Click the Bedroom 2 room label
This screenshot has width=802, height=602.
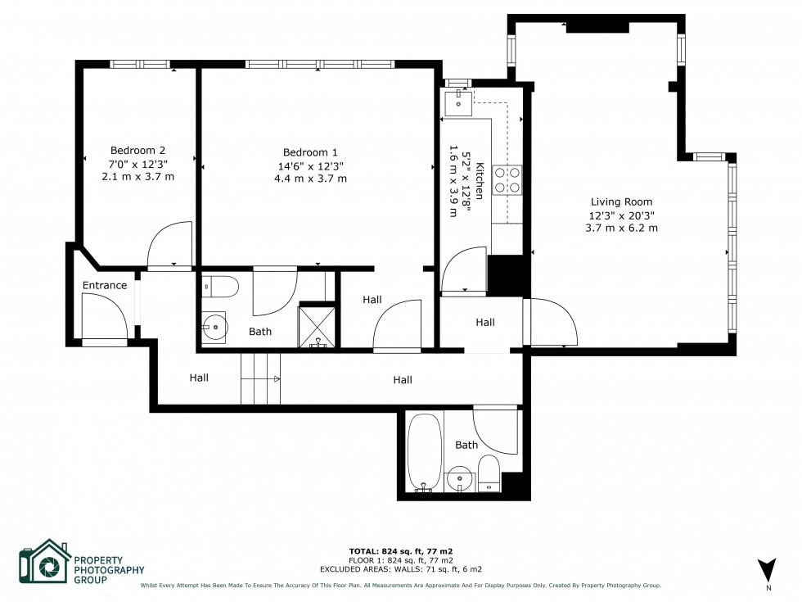pyautogui.click(x=137, y=150)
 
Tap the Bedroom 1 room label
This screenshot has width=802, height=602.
pyautogui.click(x=310, y=152)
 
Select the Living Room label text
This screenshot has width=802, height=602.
pyautogui.click(x=621, y=201)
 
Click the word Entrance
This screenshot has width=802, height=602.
pyautogui.click(x=105, y=286)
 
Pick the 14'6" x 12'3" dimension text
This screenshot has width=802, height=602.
pyautogui.click(x=310, y=165)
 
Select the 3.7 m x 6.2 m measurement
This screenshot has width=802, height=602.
pyautogui.click(x=621, y=228)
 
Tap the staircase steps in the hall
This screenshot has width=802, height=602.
pyautogui.click(x=260, y=378)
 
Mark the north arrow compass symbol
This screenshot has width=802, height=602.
pyautogui.click(x=767, y=568)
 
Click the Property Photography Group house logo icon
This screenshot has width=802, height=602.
pyautogui.click(x=44, y=564)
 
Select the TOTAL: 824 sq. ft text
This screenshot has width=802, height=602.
pyautogui.click(x=400, y=551)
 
